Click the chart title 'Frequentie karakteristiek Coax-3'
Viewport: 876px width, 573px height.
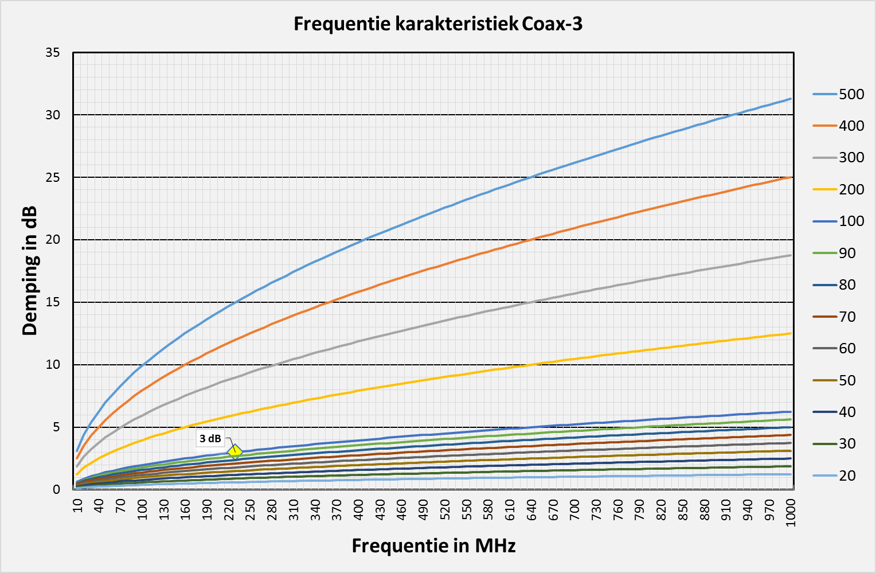tap(438, 24)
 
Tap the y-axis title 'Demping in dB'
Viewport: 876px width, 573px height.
tap(30, 270)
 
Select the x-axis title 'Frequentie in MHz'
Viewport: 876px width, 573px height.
tap(433, 545)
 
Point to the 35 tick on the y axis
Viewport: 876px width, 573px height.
tap(53, 53)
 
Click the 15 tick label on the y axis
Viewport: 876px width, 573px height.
tap(53, 302)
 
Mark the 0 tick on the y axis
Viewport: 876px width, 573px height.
tap(56, 490)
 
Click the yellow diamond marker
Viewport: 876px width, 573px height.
tap(234, 451)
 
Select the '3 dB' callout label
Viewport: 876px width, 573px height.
tap(210, 439)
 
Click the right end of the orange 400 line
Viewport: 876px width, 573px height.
tap(791, 177)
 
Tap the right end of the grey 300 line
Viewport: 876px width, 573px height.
tap(791, 255)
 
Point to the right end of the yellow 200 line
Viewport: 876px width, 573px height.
tap(791, 333)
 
